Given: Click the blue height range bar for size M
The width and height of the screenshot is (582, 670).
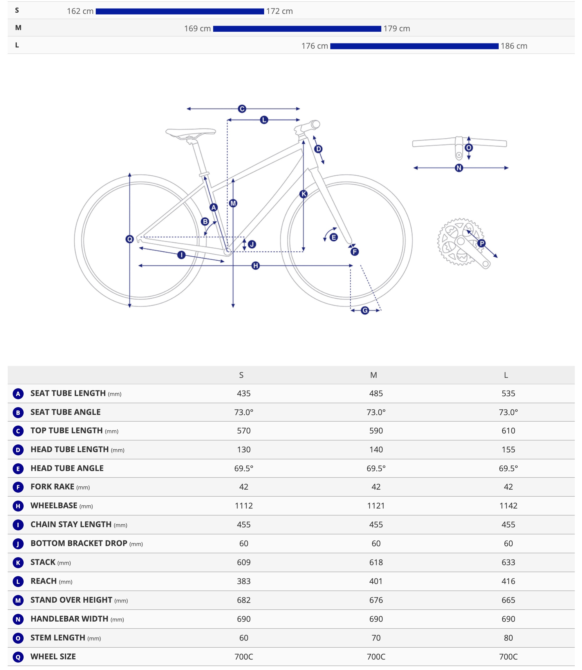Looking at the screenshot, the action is (x=297, y=29).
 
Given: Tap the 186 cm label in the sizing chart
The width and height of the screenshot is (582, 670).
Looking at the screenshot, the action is (x=514, y=46).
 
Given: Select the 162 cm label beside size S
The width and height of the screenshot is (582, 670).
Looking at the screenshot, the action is (x=80, y=11).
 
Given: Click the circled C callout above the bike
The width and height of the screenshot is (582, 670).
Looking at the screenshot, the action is (x=242, y=109).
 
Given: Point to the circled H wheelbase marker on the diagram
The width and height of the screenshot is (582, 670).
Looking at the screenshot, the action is (x=256, y=266).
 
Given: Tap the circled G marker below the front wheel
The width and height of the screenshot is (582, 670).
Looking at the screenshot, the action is (x=365, y=311).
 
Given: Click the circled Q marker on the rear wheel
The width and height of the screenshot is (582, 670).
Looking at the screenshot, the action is (x=130, y=239).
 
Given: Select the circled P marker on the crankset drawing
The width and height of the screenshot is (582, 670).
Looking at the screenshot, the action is (x=482, y=243).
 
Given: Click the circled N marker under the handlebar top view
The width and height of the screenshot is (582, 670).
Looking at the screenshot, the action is (x=459, y=168).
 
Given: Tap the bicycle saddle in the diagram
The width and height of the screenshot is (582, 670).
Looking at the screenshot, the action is (x=191, y=133).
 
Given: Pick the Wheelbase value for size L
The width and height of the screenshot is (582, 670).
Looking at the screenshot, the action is (x=508, y=506).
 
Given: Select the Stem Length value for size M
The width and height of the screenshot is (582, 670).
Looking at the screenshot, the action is (x=376, y=638).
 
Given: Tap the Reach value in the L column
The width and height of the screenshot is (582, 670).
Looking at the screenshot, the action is (x=508, y=581).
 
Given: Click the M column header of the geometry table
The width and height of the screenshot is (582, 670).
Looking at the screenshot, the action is (x=374, y=375).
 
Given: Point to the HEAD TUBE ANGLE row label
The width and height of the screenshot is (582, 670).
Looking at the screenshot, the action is (x=67, y=468).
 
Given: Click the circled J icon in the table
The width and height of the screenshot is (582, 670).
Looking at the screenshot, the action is (x=18, y=544).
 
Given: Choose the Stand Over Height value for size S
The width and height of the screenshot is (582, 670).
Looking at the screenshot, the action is (x=243, y=600).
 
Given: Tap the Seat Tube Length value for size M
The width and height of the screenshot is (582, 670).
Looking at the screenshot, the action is (x=376, y=394).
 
